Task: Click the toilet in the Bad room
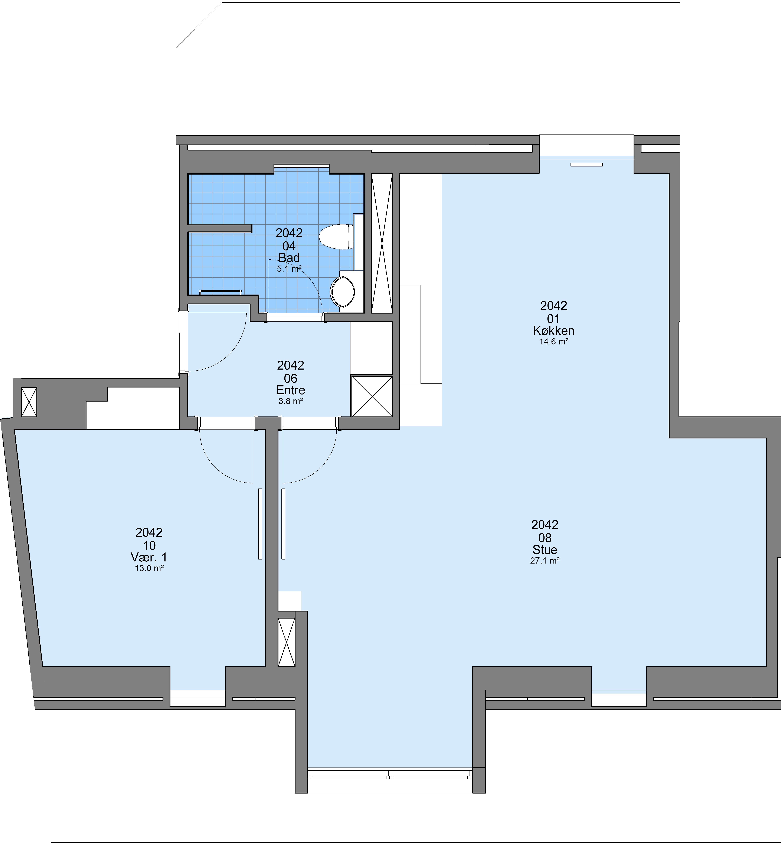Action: tap(336, 237)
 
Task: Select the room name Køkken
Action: tap(554, 331)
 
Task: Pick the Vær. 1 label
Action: tap(149, 557)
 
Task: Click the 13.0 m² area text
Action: tap(149, 568)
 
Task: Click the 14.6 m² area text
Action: tap(554, 341)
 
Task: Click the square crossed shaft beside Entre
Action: tap(372, 396)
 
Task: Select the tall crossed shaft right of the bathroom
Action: tap(382, 243)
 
